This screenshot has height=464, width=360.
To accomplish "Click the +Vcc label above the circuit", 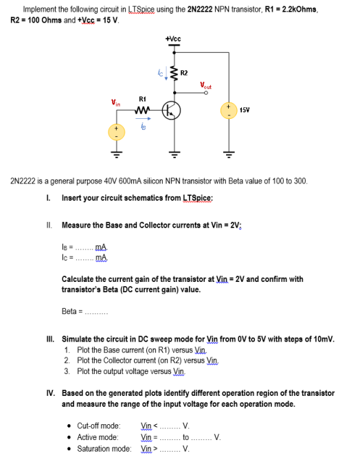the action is click(173, 39).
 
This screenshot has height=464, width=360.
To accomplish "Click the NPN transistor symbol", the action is click(172, 110).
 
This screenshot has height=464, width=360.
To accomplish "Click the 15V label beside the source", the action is click(245, 110).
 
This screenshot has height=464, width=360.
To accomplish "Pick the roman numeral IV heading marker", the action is click(51, 393).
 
